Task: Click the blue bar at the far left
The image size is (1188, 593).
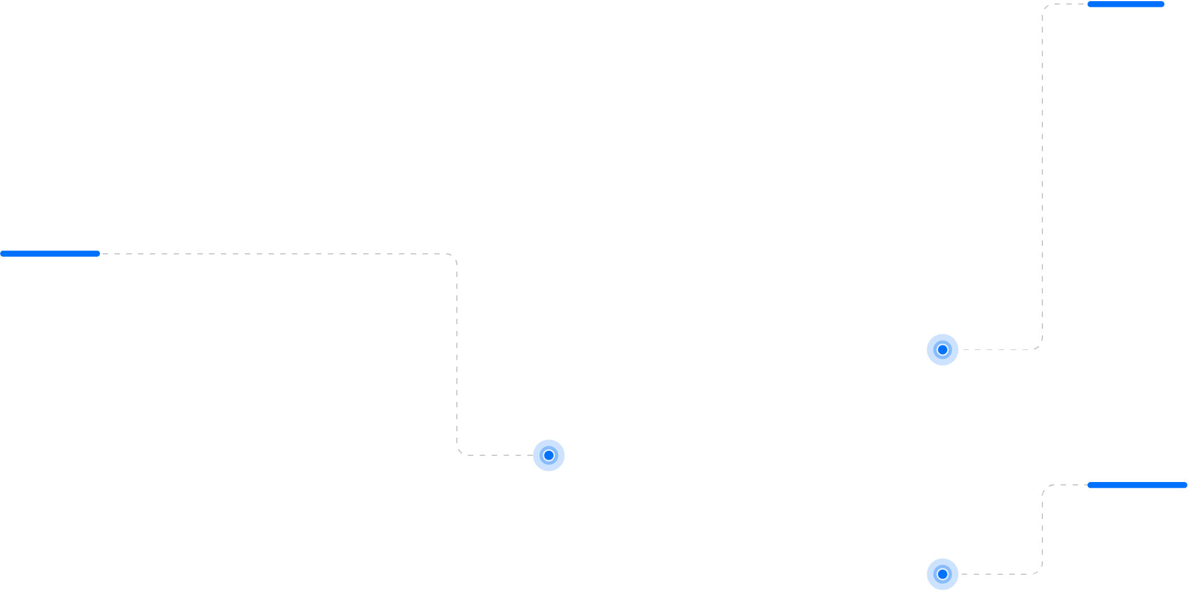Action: click(x=50, y=254)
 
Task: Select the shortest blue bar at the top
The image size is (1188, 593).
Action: click(x=1125, y=5)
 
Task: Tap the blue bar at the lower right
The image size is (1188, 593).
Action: click(x=1137, y=485)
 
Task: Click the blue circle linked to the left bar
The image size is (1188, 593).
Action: click(x=548, y=455)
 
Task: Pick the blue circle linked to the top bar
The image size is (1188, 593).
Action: click(x=942, y=350)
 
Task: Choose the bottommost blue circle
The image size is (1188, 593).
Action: click(x=942, y=574)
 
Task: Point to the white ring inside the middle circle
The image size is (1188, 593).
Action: click(x=548, y=455)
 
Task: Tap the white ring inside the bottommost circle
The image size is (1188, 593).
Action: click(x=942, y=574)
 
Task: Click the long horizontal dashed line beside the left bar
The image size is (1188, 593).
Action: click(x=273, y=254)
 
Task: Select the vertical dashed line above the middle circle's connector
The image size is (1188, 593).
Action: click(x=457, y=353)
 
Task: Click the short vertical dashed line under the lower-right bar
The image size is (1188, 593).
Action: click(x=1042, y=529)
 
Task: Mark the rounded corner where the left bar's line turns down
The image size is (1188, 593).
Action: click(x=453, y=257)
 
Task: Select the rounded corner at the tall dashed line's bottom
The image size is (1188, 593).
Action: click(x=1039, y=347)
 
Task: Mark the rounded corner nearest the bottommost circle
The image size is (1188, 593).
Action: click(x=1039, y=571)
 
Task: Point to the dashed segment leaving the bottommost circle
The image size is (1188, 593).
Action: click(x=996, y=574)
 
